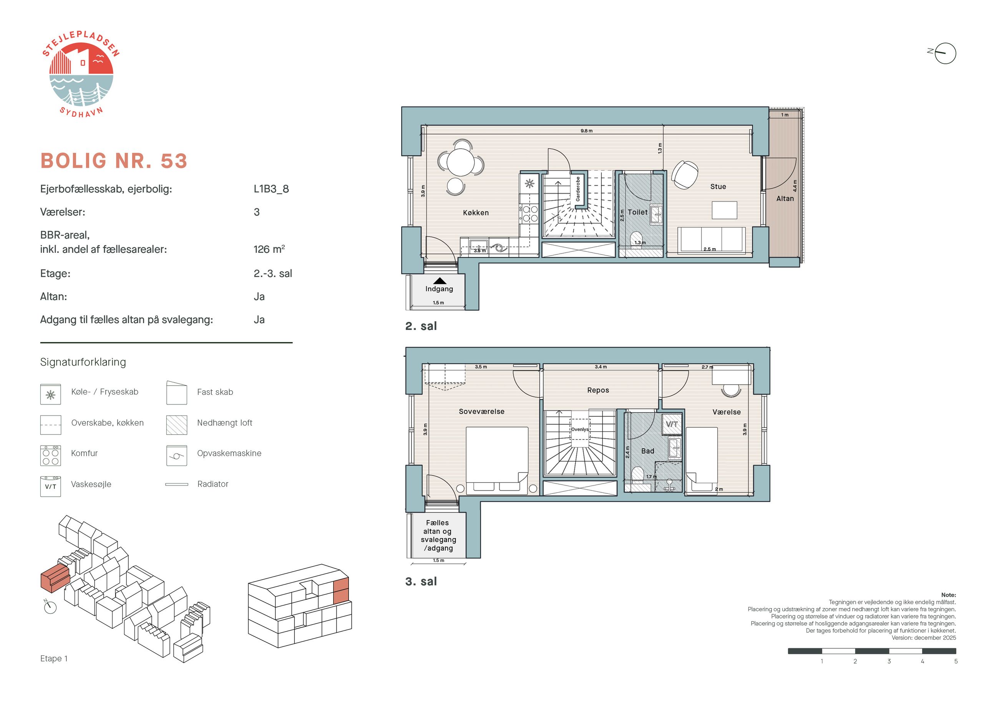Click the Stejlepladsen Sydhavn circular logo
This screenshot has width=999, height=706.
81,75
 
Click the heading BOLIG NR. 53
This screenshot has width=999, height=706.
114,161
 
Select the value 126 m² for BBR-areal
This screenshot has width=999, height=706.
269,249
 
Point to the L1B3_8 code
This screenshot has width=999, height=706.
271,189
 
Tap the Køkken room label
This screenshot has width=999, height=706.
476,213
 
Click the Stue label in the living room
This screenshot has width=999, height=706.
718,187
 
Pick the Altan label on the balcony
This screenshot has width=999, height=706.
785,198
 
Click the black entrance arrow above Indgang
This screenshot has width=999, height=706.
440,281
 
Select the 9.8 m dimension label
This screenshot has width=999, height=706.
586,131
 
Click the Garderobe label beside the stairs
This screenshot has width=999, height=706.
578,189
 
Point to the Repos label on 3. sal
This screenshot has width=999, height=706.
598,390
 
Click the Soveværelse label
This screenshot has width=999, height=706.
481,411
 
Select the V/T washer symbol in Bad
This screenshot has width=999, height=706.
671,424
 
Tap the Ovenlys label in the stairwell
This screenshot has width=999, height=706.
579,429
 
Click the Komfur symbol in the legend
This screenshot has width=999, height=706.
50,456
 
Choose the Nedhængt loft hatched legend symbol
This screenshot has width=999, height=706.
177,424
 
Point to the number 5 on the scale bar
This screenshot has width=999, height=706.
956,661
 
